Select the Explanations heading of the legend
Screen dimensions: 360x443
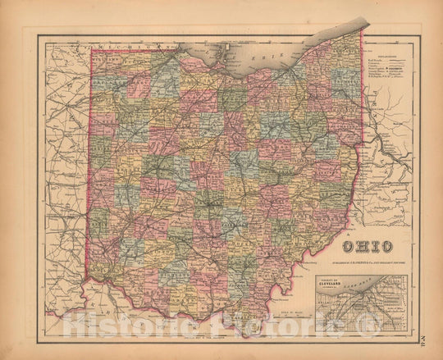tap(389, 50)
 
